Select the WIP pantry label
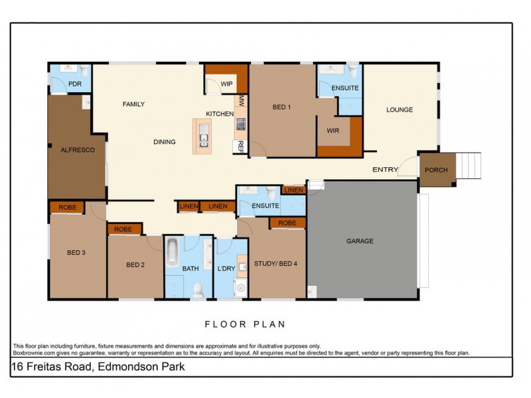coord(226,84)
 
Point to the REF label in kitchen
coord(240,145)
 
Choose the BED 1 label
coord(282,107)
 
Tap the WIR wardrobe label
coord(333,131)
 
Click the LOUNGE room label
coord(400,109)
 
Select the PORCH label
coord(436,170)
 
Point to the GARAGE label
coord(360,241)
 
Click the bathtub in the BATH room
coord(172,253)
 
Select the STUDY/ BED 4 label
coord(275,263)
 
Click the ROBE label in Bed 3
coord(68,207)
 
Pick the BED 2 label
coord(135,265)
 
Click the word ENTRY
coord(385,170)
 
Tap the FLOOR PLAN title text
coord(244,324)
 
